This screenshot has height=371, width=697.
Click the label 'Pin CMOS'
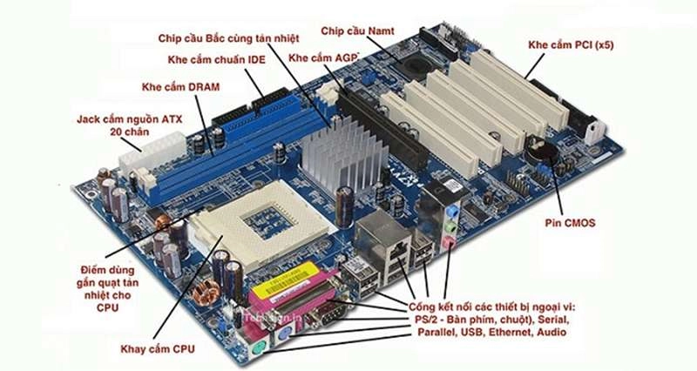click(x=570, y=223)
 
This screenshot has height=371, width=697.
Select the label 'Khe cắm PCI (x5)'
click(x=571, y=45)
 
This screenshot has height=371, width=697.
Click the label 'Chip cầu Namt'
click(x=357, y=31)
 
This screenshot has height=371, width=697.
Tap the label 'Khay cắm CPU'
click(x=158, y=348)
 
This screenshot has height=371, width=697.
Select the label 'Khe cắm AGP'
click(x=323, y=57)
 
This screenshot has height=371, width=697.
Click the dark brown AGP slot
click(x=382, y=129)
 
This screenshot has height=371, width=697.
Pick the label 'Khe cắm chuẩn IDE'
click(x=216, y=59)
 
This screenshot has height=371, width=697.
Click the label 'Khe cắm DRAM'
click(x=180, y=86)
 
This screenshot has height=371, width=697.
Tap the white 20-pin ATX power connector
click(x=152, y=152)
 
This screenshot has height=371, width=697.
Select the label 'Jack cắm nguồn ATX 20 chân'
click(x=129, y=125)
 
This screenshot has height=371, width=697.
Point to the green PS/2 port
click(x=257, y=352)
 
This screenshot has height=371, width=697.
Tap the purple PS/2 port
click(x=285, y=338)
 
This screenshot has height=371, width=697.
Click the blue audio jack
click(x=453, y=209)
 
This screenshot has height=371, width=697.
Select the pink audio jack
click(x=449, y=243)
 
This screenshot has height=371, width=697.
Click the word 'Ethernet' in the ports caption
click(x=511, y=332)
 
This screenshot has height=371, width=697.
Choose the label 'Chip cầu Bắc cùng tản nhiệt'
click(x=228, y=38)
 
